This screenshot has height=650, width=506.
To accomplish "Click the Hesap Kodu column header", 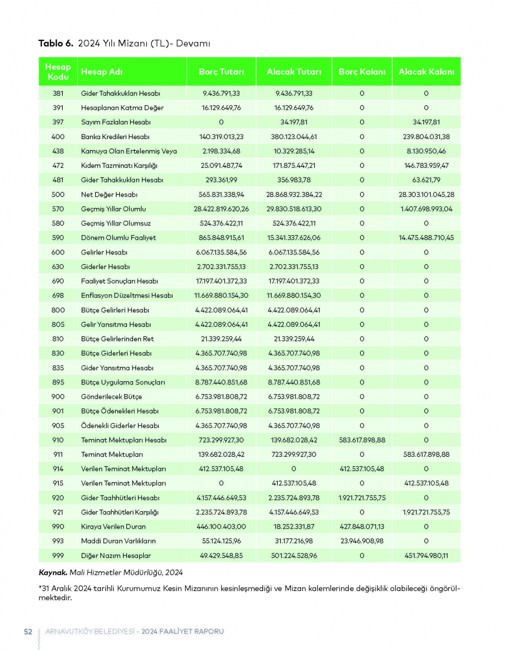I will click(58, 72).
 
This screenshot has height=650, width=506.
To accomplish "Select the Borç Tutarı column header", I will click(221, 72).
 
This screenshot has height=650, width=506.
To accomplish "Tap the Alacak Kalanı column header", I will click(426, 72).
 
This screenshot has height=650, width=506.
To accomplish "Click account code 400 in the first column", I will click(58, 137).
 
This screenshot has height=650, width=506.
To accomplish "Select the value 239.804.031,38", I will click(426, 137).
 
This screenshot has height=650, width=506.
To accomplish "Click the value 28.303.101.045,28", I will click(426, 194).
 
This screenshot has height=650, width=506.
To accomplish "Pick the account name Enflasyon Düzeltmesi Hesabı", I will click(127, 295).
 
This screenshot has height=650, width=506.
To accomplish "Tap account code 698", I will click(58, 295).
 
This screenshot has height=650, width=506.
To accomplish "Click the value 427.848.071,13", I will click(362, 527).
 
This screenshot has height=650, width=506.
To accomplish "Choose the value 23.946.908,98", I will click(362, 541).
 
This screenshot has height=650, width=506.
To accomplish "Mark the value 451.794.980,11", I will click(426, 555).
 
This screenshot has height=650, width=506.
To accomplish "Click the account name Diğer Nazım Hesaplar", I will click(116, 555).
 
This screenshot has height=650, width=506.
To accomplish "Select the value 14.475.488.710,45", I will click(426, 238).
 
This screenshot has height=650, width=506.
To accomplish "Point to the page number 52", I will click(28, 631).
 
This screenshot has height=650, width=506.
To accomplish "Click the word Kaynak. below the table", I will click(53, 573).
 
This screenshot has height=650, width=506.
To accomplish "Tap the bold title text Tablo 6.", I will click(56, 44).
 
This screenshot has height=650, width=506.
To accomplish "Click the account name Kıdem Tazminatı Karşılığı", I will click(119, 165).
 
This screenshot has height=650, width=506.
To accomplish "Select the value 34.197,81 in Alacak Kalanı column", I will click(426, 122).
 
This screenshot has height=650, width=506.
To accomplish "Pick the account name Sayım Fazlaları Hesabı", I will click(116, 122).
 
